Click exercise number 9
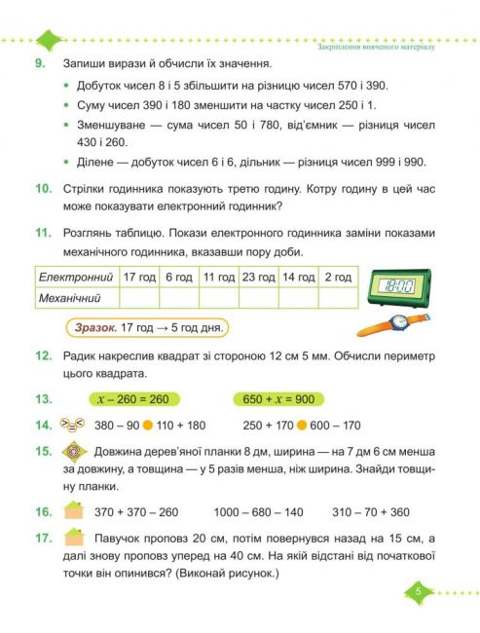40,62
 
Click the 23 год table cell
258,278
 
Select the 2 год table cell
338,278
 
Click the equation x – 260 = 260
133,398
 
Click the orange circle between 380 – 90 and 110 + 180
148,425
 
